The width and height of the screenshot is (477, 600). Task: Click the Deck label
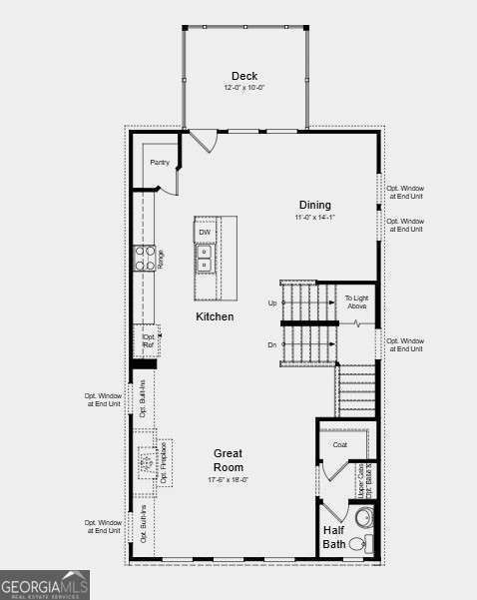point(244,76)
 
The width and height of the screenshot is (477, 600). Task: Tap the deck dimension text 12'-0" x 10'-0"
point(244,88)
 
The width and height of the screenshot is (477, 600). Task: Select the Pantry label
point(160,162)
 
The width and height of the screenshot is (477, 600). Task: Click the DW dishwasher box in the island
point(205,233)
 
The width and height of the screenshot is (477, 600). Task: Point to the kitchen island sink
point(205,258)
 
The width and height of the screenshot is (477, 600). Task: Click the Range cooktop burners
point(146,259)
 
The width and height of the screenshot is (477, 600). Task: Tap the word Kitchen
point(215,316)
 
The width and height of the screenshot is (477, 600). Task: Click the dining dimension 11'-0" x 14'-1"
point(314,217)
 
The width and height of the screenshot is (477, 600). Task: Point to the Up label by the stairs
point(272,302)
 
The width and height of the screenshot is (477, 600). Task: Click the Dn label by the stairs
point(271,345)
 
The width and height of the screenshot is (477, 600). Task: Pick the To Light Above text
point(357,301)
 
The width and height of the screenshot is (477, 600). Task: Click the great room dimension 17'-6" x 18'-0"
point(229,480)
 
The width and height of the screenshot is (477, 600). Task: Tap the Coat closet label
point(340,444)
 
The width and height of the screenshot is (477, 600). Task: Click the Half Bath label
point(333,537)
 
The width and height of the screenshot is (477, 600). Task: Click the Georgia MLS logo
point(45,584)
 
